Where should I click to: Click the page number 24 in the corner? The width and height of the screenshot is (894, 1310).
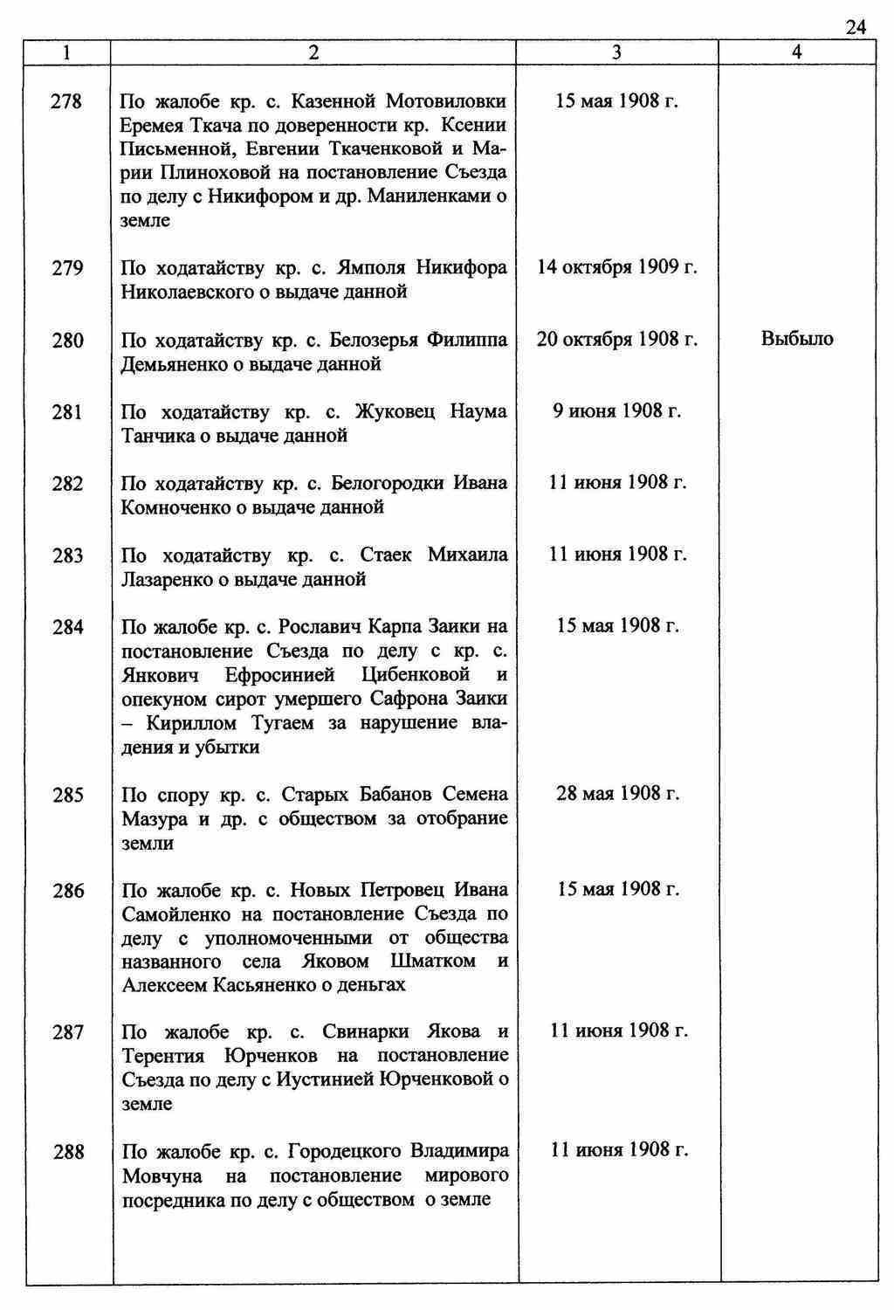(x=856, y=28)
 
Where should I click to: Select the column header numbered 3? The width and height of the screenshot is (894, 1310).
(x=616, y=52)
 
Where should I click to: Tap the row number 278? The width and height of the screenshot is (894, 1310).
(x=67, y=101)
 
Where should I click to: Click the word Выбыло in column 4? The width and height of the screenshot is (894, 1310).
(x=797, y=339)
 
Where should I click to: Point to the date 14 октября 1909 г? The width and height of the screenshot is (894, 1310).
(x=616, y=267)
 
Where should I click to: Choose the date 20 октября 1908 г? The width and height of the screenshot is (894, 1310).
(x=616, y=339)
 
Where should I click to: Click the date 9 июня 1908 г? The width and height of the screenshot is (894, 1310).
(x=616, y=410)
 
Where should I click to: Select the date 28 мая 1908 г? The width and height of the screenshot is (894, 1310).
(x=617, y=794)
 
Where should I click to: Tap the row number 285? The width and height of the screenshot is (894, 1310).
(x=67, y=796)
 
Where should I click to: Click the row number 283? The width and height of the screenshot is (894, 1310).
(x=67, y=555)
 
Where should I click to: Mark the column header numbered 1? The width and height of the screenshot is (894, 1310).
(x=67, y=52)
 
